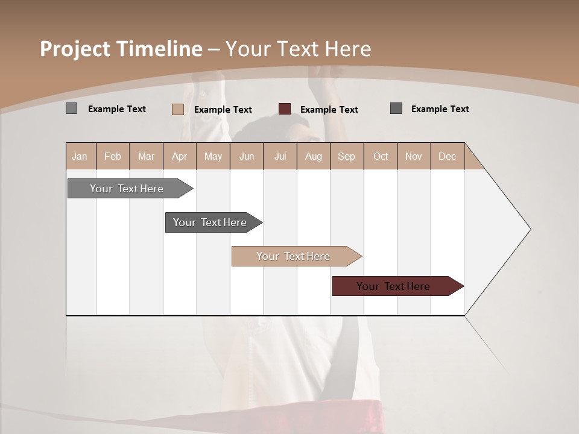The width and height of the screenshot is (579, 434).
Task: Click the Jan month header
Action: tap(80, 156)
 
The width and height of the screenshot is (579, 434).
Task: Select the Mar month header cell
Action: tap(146, 156)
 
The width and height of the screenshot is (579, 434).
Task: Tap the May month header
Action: tap(213, 156)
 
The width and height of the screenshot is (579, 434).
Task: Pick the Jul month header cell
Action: tap(280, 156)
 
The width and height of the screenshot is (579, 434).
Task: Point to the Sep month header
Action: tap(346, 156)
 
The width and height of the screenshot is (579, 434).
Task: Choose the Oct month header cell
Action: tap(381, 156)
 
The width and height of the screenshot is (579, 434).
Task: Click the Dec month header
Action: tap(447, 156)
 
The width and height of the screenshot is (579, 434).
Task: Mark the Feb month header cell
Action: tap(113, 156)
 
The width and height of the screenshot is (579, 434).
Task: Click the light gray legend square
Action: tap(71, 108)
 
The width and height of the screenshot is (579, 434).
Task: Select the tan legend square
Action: tap(177, 109)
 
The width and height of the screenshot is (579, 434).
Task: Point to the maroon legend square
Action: tap(284, 109)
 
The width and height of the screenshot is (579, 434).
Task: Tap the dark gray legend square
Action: tap(396, 108)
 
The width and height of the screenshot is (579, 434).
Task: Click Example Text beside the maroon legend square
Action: tap(329, 110)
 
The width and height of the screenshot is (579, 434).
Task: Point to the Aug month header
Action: tap(313, 156)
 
